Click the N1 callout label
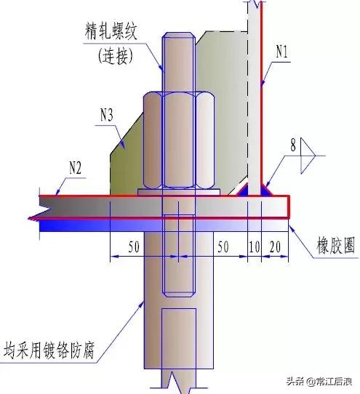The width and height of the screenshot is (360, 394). click(284, 52)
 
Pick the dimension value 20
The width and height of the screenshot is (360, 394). click(274, 247)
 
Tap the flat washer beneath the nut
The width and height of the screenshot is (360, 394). click(179, 190)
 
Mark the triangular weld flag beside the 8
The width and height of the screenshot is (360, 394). click(308, 154)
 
